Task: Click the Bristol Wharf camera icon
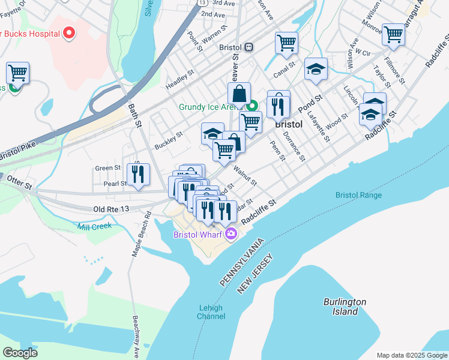[x=231, y=235]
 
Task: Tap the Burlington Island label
[x=345, y=307]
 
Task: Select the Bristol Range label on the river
[x=359, y=195]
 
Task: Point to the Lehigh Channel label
[x=211, y=312]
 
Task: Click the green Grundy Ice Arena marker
[x=253, y=107]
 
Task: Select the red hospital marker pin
[x=70, y=32]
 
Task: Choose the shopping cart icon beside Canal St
[x=286, y=43]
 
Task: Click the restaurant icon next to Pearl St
[x=139, y=174]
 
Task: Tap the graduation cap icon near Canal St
[x=316, y=69]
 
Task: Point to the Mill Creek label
[x=94, y=226]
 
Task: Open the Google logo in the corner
[x=20, y=353]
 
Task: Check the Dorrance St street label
[x=295, y=146]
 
